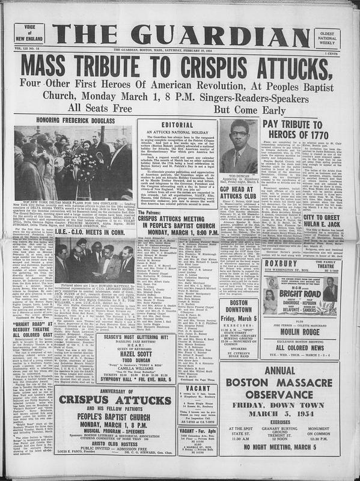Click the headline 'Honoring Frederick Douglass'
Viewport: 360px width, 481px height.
pos(80,120)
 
